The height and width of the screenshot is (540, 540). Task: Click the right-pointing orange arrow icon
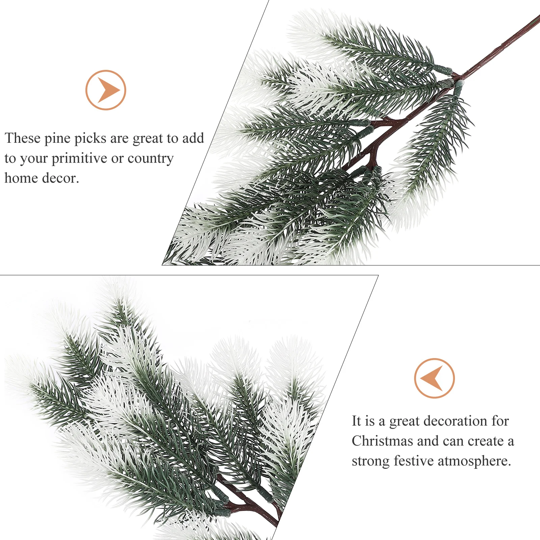(106, 90)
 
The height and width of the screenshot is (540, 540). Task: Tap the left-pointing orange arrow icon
(434, 378)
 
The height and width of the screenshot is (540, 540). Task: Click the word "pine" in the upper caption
(57, 139)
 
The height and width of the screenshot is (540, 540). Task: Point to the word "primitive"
(79, 159)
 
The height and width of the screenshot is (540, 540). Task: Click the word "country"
(151, 159)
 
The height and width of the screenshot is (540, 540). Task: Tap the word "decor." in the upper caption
(60, 178)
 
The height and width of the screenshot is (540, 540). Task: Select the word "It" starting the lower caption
(356, 421)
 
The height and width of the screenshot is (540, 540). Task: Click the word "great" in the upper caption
(147, 139)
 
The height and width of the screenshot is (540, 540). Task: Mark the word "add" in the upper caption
(193, 138)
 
